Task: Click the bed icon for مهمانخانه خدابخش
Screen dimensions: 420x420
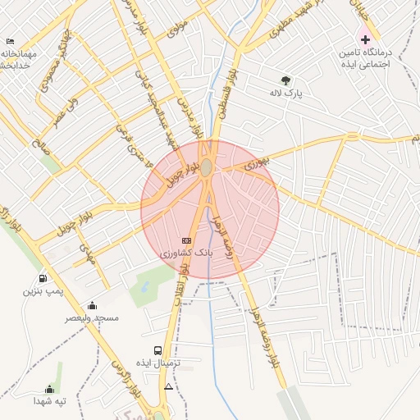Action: pyautogui.click(x=10, y=41)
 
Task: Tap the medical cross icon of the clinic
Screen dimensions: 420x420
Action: pyautogui.click(x=365, y=39)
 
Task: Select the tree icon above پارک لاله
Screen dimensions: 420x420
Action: pyautogui.click(x=285, y=80)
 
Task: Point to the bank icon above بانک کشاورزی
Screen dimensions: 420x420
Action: pyautogui.click(x=186, y=240)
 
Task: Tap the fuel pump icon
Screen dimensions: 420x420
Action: pyautogui.click(x=43, y=278)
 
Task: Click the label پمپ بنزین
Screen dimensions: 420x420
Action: pyautogui.click(x=43, y=291)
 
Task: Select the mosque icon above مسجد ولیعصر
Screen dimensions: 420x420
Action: pyautogui.click(x=92, y=305)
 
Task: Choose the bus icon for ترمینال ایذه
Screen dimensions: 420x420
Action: pyautogui.click(x=157, y=350)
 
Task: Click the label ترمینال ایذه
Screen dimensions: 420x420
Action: pyautogui.click(x=157, y=363)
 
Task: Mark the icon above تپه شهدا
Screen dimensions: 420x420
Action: pyautogui.click(x=49, y=390)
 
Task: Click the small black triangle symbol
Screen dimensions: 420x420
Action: pyautogui.click(x=169, y=386)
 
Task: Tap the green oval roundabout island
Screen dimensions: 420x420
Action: pyautogui.click(x=208, y=167)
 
